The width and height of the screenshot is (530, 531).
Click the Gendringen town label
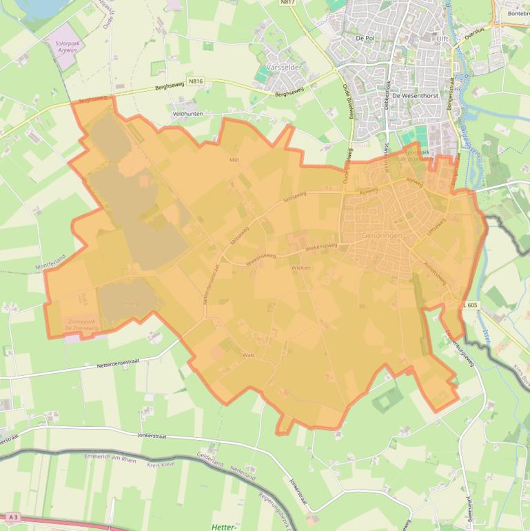click(381, 236)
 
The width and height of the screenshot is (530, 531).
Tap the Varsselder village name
click(285, 68)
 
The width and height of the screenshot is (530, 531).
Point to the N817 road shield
click(287, 3)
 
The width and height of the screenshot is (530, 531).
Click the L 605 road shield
click(471, 305)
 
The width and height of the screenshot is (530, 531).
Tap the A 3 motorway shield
click(12, 517)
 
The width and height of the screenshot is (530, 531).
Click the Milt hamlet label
click(234, 159)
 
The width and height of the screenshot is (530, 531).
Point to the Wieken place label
click(301, 267)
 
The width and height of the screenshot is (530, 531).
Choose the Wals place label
click(249, 354)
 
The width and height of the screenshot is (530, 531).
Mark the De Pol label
click(365, 39)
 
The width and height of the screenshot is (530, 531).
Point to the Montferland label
click(50, 261)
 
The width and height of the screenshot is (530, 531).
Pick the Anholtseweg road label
click(429, 269)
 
